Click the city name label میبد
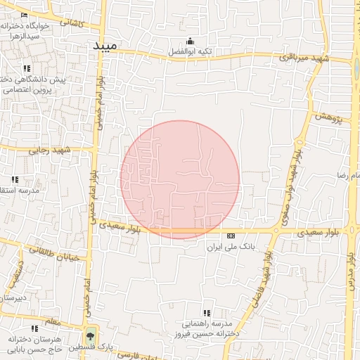(x=106, y=45)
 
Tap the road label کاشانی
(x=71, y=22)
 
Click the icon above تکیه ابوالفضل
(x=191, y=41)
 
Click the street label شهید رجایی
(x=51, y=150)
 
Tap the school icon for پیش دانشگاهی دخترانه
(x=27, y=68)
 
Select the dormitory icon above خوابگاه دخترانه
(x=25, y=15)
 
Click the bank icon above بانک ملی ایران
(x=231, y=236)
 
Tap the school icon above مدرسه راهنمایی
(x=206, y=313)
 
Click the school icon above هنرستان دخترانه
(x=34, y=328)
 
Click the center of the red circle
(x=180, y=180)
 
